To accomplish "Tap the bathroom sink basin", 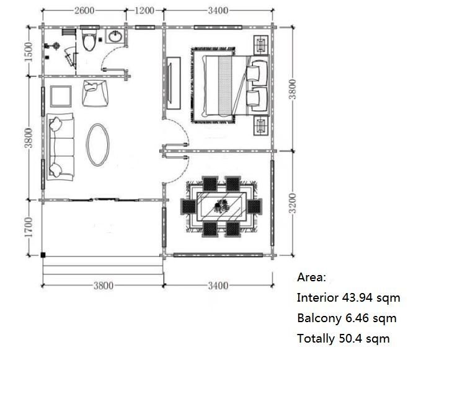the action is coord(115,37).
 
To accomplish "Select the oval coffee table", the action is coord(98,145).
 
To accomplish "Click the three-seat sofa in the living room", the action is coord(61,147).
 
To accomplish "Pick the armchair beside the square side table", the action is coord(95,94).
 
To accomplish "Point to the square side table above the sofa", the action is coord(61,96).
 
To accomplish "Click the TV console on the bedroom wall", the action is coord(174,83).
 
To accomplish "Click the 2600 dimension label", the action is coord(84,11).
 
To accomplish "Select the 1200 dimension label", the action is coord(144,11).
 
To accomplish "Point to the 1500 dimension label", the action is coord(29,52).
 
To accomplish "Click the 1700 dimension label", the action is coord(29,227).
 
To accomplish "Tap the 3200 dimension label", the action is coord(292,203).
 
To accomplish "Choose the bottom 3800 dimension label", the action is coord(104,286).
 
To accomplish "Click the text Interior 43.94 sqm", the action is coord(348,298).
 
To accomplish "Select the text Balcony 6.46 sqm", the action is coord(347,318).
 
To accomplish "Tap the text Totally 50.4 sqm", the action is coord(343,339).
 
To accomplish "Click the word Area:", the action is coord(312,278).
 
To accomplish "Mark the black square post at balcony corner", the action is coord(43,255).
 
